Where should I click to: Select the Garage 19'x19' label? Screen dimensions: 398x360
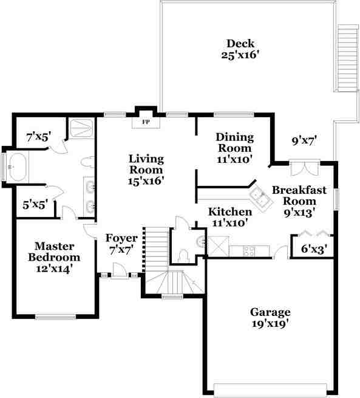(x=270, y=318)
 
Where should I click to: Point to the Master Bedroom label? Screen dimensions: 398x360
(x=54, y=256)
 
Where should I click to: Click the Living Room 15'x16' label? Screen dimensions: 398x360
(x=146, y=170)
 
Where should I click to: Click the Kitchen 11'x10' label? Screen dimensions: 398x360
(x=230, y=217)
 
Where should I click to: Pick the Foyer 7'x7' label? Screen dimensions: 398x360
(x=121, y=243)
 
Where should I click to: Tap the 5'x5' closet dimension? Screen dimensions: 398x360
(x=35, y=205)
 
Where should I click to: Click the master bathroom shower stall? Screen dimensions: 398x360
(x=81, y=129)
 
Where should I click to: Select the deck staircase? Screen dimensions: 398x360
(x=348, y=58)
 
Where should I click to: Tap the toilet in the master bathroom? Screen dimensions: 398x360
(x=86, y=163)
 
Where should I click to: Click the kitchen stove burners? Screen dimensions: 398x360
(x=250, y=250)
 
